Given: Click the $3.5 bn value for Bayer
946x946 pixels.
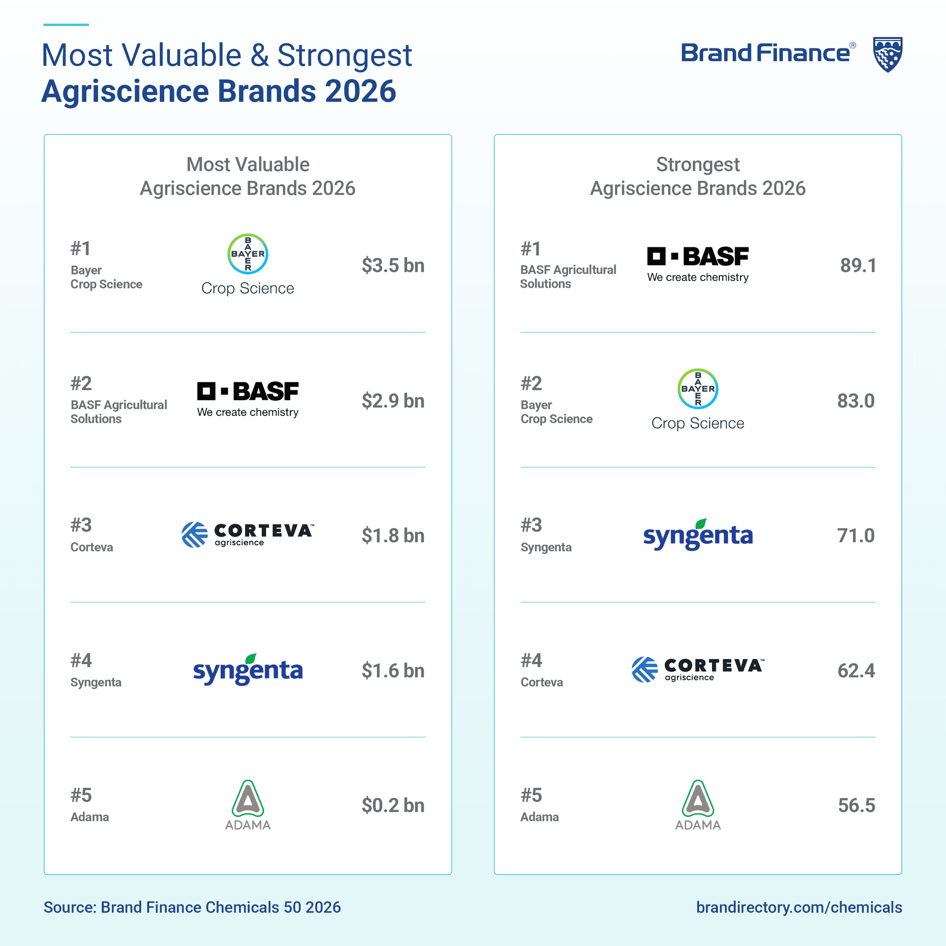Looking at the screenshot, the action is click(393, 266).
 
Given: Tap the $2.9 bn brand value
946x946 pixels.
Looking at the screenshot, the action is click(393, 401).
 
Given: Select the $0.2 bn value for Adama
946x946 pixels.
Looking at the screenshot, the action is click(393, 805).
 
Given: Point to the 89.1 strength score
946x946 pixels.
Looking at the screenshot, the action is click(858, 266).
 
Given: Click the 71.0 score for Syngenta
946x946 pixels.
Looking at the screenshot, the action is click(856, 536).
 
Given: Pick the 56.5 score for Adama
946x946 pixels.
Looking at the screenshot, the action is click(856, 805).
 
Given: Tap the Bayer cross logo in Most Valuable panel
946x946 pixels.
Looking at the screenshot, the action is click(248, 254).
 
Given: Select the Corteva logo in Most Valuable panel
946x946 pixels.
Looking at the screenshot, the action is click(247, 535).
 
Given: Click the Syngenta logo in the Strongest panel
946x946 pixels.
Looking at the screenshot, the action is click(698, 535).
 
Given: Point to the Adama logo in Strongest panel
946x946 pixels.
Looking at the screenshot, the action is click(698, 805).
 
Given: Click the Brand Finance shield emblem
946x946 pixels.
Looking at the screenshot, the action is click(887, 54).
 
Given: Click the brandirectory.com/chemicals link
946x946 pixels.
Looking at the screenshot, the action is click(799, 907).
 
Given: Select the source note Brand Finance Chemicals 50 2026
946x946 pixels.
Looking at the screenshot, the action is click(192, 907).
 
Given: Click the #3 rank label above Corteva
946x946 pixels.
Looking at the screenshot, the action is click(81, 525).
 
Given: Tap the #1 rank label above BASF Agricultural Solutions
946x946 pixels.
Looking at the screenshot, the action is click(531, 249).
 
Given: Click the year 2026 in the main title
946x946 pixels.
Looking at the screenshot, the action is click(360, 92).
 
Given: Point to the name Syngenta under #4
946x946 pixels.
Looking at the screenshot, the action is click(96, 682).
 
